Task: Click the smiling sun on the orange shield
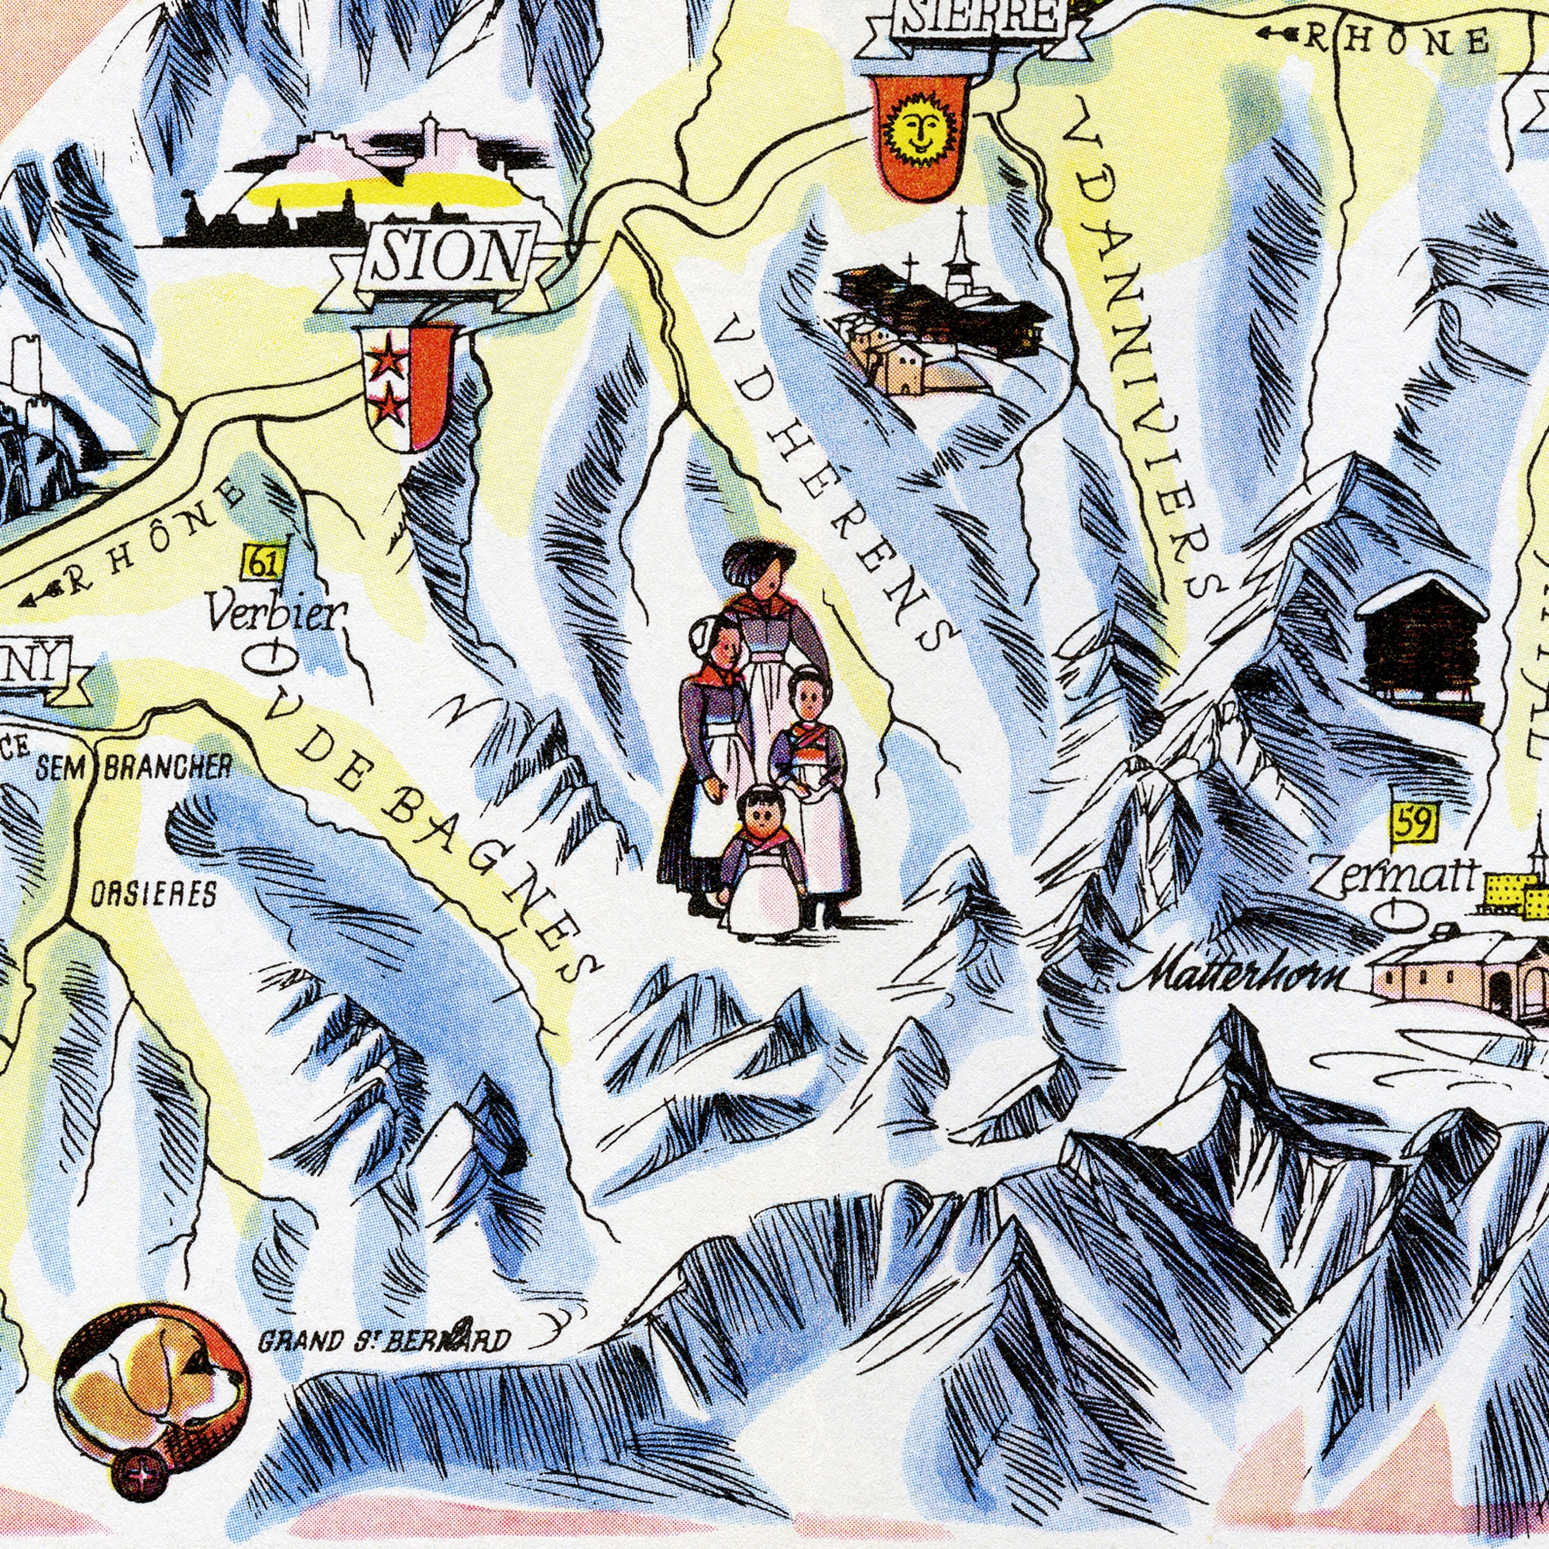919,127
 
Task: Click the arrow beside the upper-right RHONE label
1276,33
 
